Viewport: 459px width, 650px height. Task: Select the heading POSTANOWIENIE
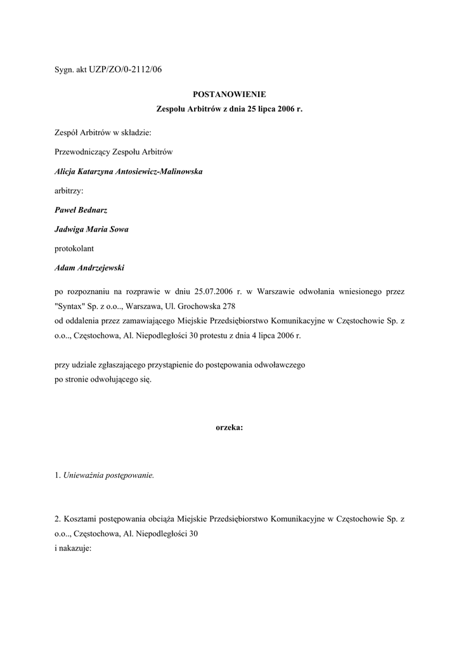pyautogui.click(x=229, y=93)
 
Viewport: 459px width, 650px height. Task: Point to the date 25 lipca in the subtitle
pyautogui.click(x=250, y=109)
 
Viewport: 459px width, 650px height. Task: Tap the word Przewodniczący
pyautogui.click(x=82, y=152)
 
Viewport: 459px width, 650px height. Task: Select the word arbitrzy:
pyautogui.click(x=69, y=190)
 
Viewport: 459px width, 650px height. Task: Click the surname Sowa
pyautogui.click(x=118, y=229)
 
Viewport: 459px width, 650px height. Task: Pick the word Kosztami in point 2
pyautogui.click(x=80, y=519)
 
